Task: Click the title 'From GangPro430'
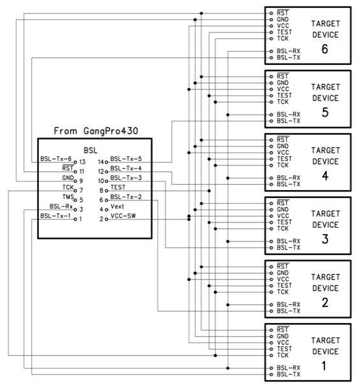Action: pyautogui.click(x=96, y=131)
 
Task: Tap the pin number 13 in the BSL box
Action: pyautogui.click(x=82, y=162)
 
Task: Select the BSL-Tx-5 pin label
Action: pyautogui.click(x=126, y=159)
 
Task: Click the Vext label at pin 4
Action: pyautogui.click(x=117, y=206)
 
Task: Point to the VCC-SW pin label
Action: pyautogui.click(x=123, y=216)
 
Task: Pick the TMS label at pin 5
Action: pyautogui.click(x=68, y=197)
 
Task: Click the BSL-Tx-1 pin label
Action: pyautogui.click(x=55, y=216)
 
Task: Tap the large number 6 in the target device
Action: pyautogui.click(x=325, y=49)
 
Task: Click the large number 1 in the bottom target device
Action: pyautogui.click(x=324, y=366)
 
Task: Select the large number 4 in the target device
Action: pyautogui.click(x=325, y=176)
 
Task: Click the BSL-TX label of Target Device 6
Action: pyautogui.click(x=289, y=58)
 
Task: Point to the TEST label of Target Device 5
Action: pyautogui.click(x=285, y=95)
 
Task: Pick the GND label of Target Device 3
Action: pyautogui.click(x=283, y=210)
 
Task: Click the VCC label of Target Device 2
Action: pyautogui.click(x=283, y=280)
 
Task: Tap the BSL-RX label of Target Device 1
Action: pyautogui.click(x=289, y=368)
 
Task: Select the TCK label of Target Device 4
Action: pyautogui.click(x=283, y=165)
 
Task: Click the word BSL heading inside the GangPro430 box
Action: pyautogui.click(x=91, y=151)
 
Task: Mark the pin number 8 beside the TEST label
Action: pyautogui.click(x=101, y=191)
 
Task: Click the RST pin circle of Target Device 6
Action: pyautogui.click(x=271, y=13)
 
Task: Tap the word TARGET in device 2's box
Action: pyautogui.click(x=326, y=277)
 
